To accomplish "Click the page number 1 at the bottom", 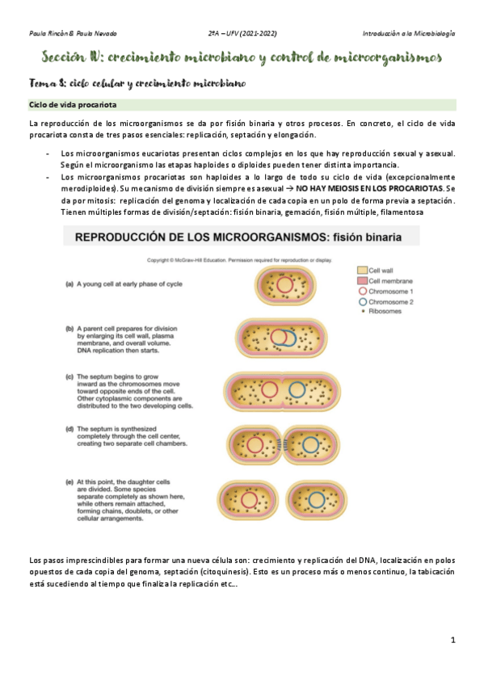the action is [x=453, y=640].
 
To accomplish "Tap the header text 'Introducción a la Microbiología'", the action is [x=408, y=33].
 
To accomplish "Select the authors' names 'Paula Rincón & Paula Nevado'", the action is [x=73, y=33].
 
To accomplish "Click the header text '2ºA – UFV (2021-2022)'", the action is [x=242, y=33].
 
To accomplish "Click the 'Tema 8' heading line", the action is [x=136, y=83].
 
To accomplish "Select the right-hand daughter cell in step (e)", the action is [x=315, y=498].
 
